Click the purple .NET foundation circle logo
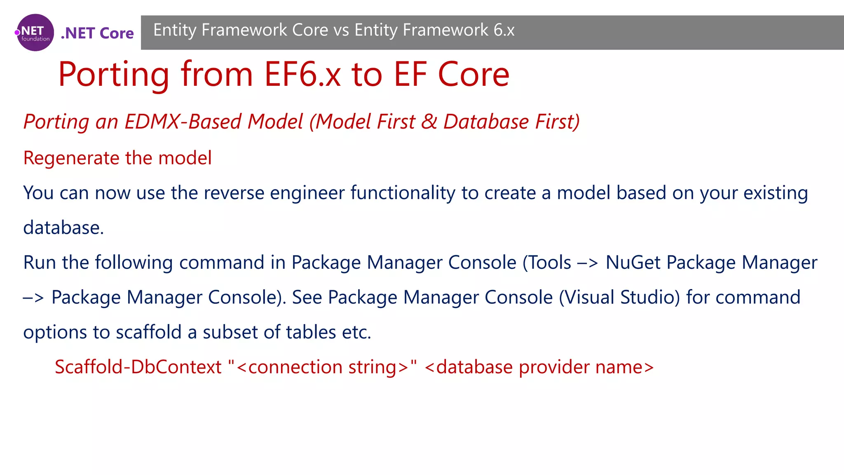point(35,33)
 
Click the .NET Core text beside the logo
point(97,33)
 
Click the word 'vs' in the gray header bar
point(341,30)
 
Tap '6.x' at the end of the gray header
point(504,30)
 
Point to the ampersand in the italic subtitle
point(429,122)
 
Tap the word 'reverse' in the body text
point(234,193)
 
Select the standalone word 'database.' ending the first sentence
point(63,228)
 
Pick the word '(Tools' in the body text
point(546,263)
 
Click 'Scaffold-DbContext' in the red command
point(138,367)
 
